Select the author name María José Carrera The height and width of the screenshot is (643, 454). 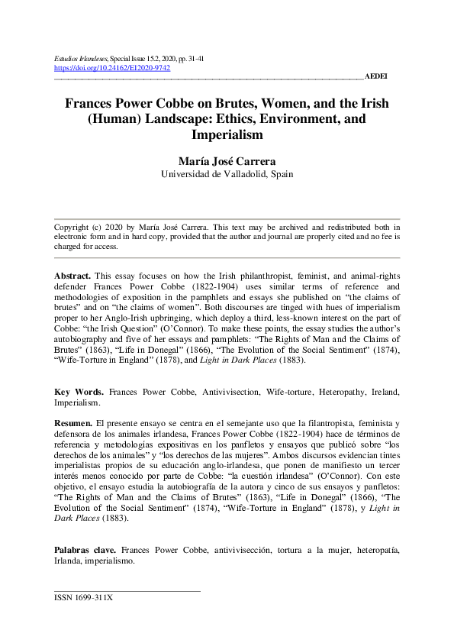[x=227, y=160]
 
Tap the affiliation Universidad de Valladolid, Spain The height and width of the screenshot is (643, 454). [x=227, y=174]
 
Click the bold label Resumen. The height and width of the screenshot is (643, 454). [x=74, y=422]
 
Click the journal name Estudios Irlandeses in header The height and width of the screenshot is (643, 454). [x=82, y=57]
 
